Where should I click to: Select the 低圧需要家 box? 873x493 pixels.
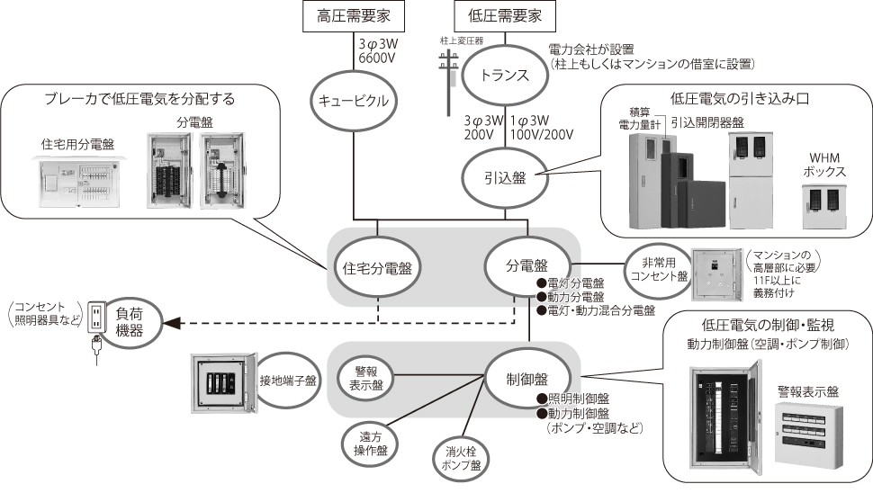pos(507,14)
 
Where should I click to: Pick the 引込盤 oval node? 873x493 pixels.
pos(507,177)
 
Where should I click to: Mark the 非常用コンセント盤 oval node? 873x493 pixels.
pos(658,269)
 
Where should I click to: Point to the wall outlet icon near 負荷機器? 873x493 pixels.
pos(96,320)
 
